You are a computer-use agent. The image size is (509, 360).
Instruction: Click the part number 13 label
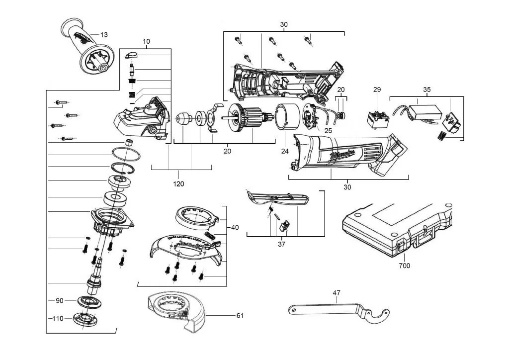pos(104,35)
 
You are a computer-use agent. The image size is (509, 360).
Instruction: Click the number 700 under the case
pos(405,266)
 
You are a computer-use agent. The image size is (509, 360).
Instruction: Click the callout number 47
pos(337,293)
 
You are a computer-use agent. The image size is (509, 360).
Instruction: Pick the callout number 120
pos(178,184)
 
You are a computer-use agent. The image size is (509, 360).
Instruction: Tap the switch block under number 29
pos(377,119)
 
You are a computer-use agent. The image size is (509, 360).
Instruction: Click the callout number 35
pos(426,90)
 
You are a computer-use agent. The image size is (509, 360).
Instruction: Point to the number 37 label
pos(282,244)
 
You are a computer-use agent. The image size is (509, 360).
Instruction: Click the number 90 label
pos(60,301)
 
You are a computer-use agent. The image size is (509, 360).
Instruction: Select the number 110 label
pos(58,318)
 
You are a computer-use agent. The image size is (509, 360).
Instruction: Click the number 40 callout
pos(235,227)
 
